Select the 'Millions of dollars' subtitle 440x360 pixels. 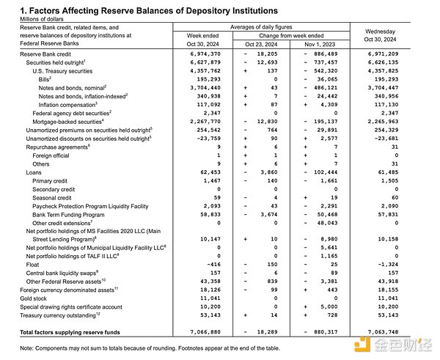click(x=40, y=20)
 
